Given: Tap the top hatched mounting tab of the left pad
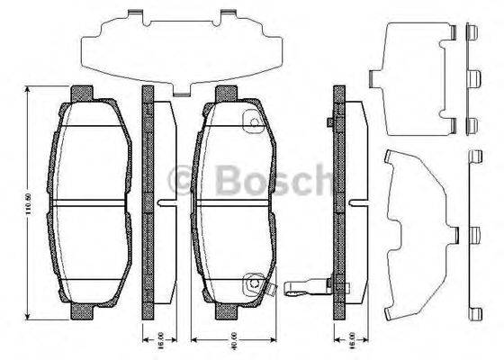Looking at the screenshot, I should pyautogui.click(x=82, y=92).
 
